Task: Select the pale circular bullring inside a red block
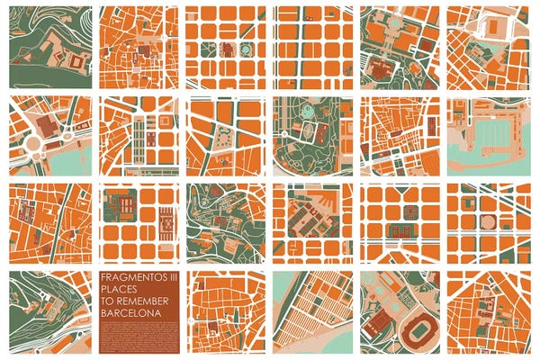(x=490, y=220)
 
